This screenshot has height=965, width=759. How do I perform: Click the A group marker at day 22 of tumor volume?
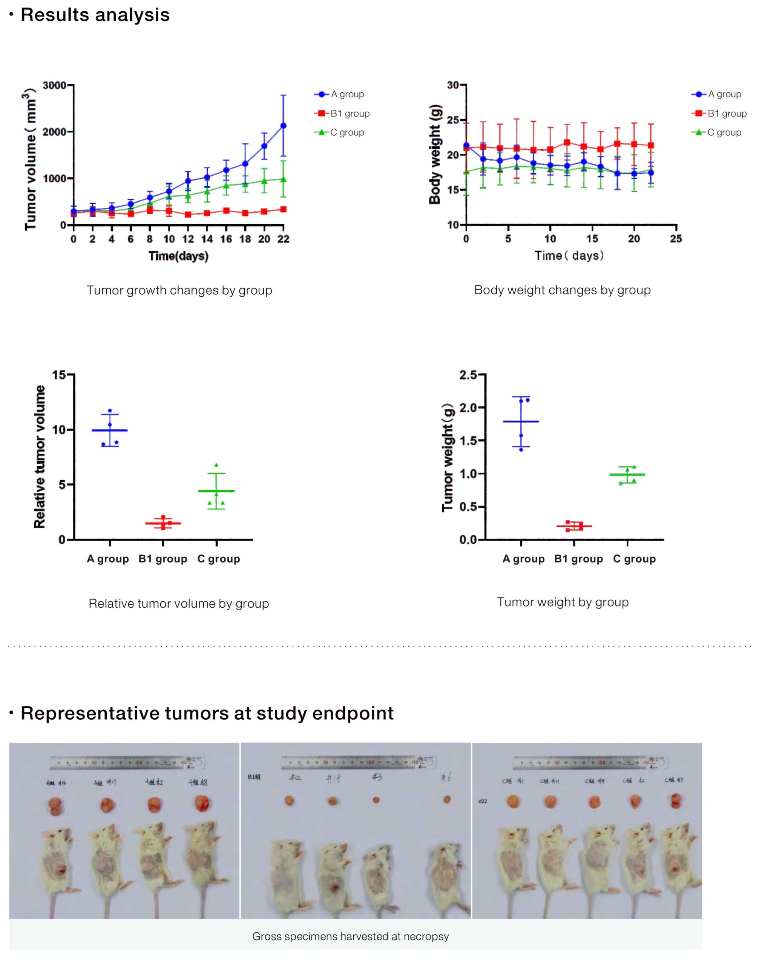coord(283,126)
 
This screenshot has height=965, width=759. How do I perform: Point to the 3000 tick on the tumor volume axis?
coord(55,85)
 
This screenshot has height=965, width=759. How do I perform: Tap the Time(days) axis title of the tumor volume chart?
coord(178,256)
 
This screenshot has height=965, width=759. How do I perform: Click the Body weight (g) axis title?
coord(435,154)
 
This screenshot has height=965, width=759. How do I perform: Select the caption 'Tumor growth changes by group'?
coord(179,290)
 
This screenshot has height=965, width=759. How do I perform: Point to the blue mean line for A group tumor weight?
coord(521,421)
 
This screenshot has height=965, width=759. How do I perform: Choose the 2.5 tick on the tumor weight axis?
coord(468,375)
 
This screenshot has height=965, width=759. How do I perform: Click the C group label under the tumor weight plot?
coord(634,559)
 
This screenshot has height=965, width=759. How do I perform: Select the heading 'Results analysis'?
coord(95,15)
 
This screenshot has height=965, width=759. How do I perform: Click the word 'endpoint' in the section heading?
coord(353,714)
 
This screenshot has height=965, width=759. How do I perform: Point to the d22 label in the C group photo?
coord(483,801)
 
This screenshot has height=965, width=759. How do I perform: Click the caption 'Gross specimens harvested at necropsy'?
coord(351,937)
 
